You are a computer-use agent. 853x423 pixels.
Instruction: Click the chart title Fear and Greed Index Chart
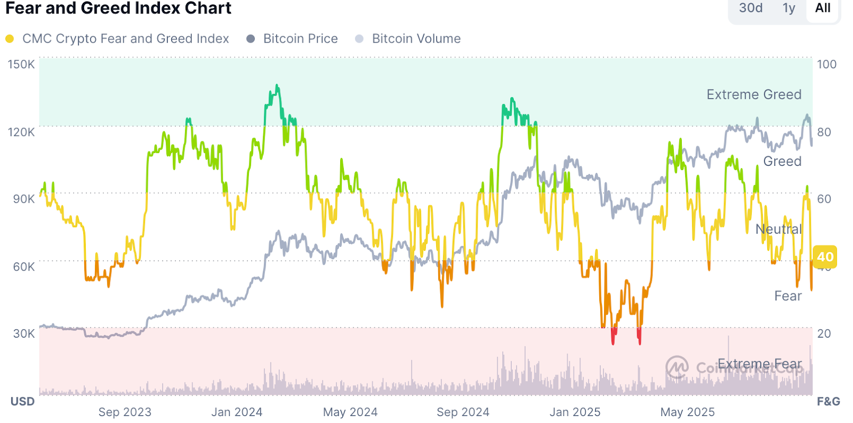[x=118, y=9]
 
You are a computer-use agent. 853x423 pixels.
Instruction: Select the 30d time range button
[x=751, y=8]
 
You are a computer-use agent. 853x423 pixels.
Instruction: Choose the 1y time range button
[x=789, y=8]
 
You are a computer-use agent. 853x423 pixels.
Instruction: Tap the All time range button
[x=823, y=8]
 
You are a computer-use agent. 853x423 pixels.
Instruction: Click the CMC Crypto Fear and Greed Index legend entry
[x=125, y=39]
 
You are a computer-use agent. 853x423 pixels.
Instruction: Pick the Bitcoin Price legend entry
[x=300, y=39]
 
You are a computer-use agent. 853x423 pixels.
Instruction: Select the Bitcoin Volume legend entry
[x=416, y=39]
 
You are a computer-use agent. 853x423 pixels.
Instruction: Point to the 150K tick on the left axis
[x=21, y=65]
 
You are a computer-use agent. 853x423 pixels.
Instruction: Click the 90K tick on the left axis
[x=23, y=199]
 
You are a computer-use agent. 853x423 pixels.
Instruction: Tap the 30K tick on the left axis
[x=23, y=334]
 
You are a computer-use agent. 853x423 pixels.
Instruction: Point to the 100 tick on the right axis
[x=826, y=65]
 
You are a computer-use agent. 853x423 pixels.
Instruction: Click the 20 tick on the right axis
[x=824, y=334]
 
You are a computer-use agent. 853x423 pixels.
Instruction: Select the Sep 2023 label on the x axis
[x=125, y=412]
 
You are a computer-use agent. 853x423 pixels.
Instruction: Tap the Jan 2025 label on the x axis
[x=575, y=412]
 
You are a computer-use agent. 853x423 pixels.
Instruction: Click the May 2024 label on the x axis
[x=350, y=412]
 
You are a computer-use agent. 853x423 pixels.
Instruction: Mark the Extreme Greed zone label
[x=754, y=94]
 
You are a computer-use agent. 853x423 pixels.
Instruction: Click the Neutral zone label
[x=778, y=229]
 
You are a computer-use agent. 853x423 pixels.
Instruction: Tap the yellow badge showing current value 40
[x=825, y=257]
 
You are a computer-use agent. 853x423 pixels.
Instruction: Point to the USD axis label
[x=22, y=402]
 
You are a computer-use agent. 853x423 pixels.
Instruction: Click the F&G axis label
[x=828, y=402]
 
